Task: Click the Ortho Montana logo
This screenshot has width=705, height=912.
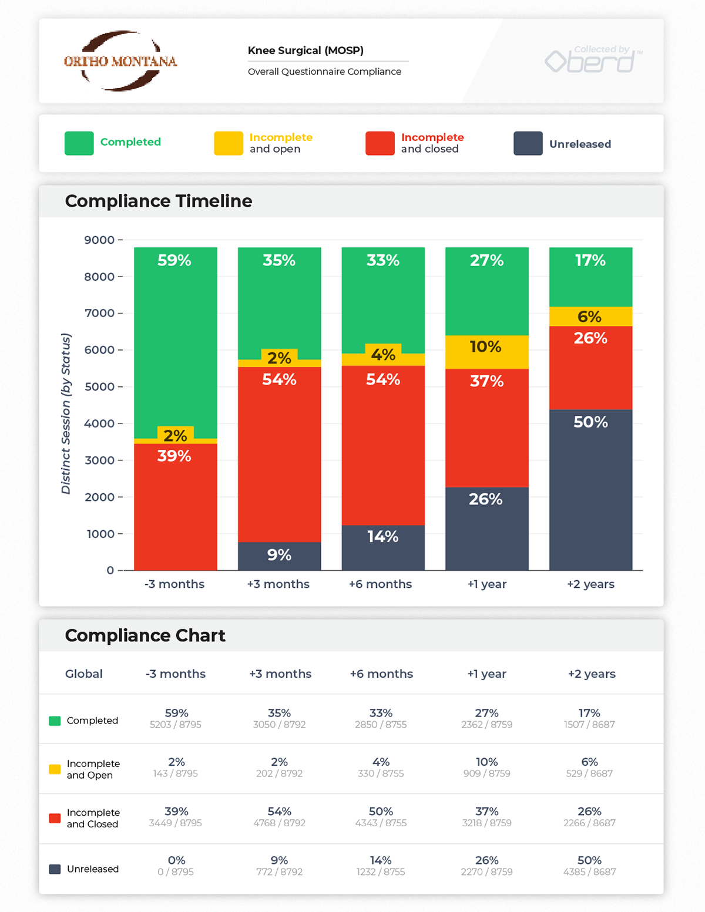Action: (x=120, y=61)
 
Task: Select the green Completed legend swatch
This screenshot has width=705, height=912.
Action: (x=79, y=143)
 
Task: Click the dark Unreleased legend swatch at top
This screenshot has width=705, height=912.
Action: (x=528, y=143)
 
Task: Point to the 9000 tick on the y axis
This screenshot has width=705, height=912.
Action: (x=99, y=240)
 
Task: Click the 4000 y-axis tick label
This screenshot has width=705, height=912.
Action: (x=99, y=423)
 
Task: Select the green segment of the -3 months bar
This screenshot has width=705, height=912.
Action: (x=175, y=341)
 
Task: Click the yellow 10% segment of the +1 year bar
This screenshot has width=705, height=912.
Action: (x=486, y=352)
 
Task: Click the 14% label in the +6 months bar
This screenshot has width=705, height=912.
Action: (x=382, y=537)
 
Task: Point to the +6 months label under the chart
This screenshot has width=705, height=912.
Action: (x=380, y=584)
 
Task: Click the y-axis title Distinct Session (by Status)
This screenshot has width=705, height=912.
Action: (x=66, y=413)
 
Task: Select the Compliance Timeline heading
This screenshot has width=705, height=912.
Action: (x=159, y=201)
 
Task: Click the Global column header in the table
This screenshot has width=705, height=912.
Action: (x=83, y=674)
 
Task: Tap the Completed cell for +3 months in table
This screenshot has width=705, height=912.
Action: (x=279, y=718)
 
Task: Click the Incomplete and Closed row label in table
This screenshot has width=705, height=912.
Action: (x=93, y=818)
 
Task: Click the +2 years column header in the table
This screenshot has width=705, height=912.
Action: (x=591, y=674)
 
